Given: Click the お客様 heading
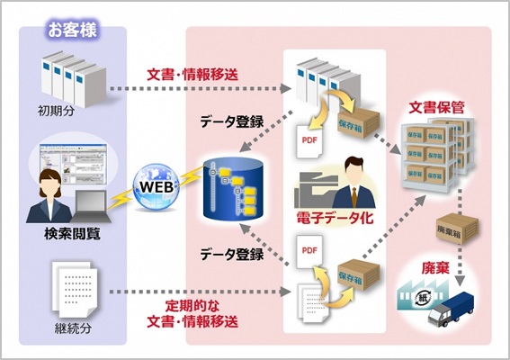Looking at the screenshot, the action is [x=73, y=31].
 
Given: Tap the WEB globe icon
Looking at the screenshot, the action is [x=157, y=187].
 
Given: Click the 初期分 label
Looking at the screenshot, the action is [x=57, y=112].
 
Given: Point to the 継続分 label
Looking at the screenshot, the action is [x=73, y=328].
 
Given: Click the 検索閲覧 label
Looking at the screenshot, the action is [x=72, y=234].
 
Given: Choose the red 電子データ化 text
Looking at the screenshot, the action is [x=335, y=218].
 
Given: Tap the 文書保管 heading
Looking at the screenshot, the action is [x=436, y=108].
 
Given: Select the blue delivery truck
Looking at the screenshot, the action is [x=451, y=309].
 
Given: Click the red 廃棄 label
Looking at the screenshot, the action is [x=435, y=268].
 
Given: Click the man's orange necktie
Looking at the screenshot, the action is [x=353, y=197].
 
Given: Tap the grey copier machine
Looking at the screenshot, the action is [x=315, y=191].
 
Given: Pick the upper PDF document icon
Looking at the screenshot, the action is [x=309, y=141].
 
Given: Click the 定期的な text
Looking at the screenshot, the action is [x=192, y=306].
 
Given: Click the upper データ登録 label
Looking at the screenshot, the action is [x=231, y=122].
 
